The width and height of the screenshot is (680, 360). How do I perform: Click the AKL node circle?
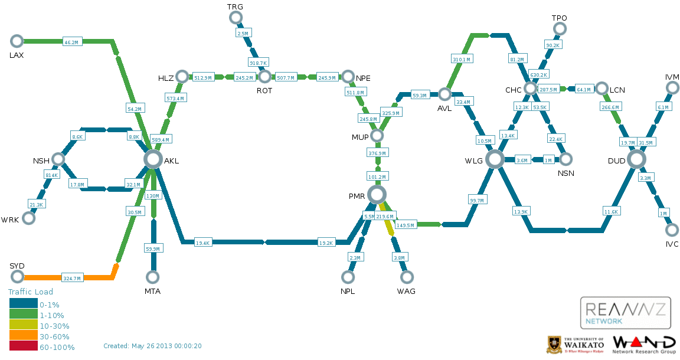(x=153, y=159)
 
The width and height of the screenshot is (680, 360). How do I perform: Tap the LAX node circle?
(x=17, y=41)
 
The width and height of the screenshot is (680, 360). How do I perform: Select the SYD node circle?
(x=17, y=277)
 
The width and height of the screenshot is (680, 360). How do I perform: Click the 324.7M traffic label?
(x=73, y=277)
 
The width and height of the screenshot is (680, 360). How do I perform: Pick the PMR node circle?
(x=376, y=194)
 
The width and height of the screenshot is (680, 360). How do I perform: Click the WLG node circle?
(x=495, y=159)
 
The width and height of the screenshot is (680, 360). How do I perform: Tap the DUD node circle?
(x=636, y=159)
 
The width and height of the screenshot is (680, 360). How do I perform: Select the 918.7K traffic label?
(x=259, y=63)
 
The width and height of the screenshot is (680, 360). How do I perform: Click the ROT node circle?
(x=264, y=76)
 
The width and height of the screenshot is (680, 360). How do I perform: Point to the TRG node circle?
(x=235, y=18)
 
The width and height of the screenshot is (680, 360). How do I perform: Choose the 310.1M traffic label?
(x=462, y=60)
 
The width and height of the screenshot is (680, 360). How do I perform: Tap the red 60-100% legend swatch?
(x=24, y=347)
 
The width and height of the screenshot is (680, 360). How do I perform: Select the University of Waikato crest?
(x=554, y=344)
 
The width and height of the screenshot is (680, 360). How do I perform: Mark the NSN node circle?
(x=565, y=159)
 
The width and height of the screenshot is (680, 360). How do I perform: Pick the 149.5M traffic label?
(x=406, y=224)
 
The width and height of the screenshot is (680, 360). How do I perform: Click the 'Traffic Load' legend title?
(x=30, y=292)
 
